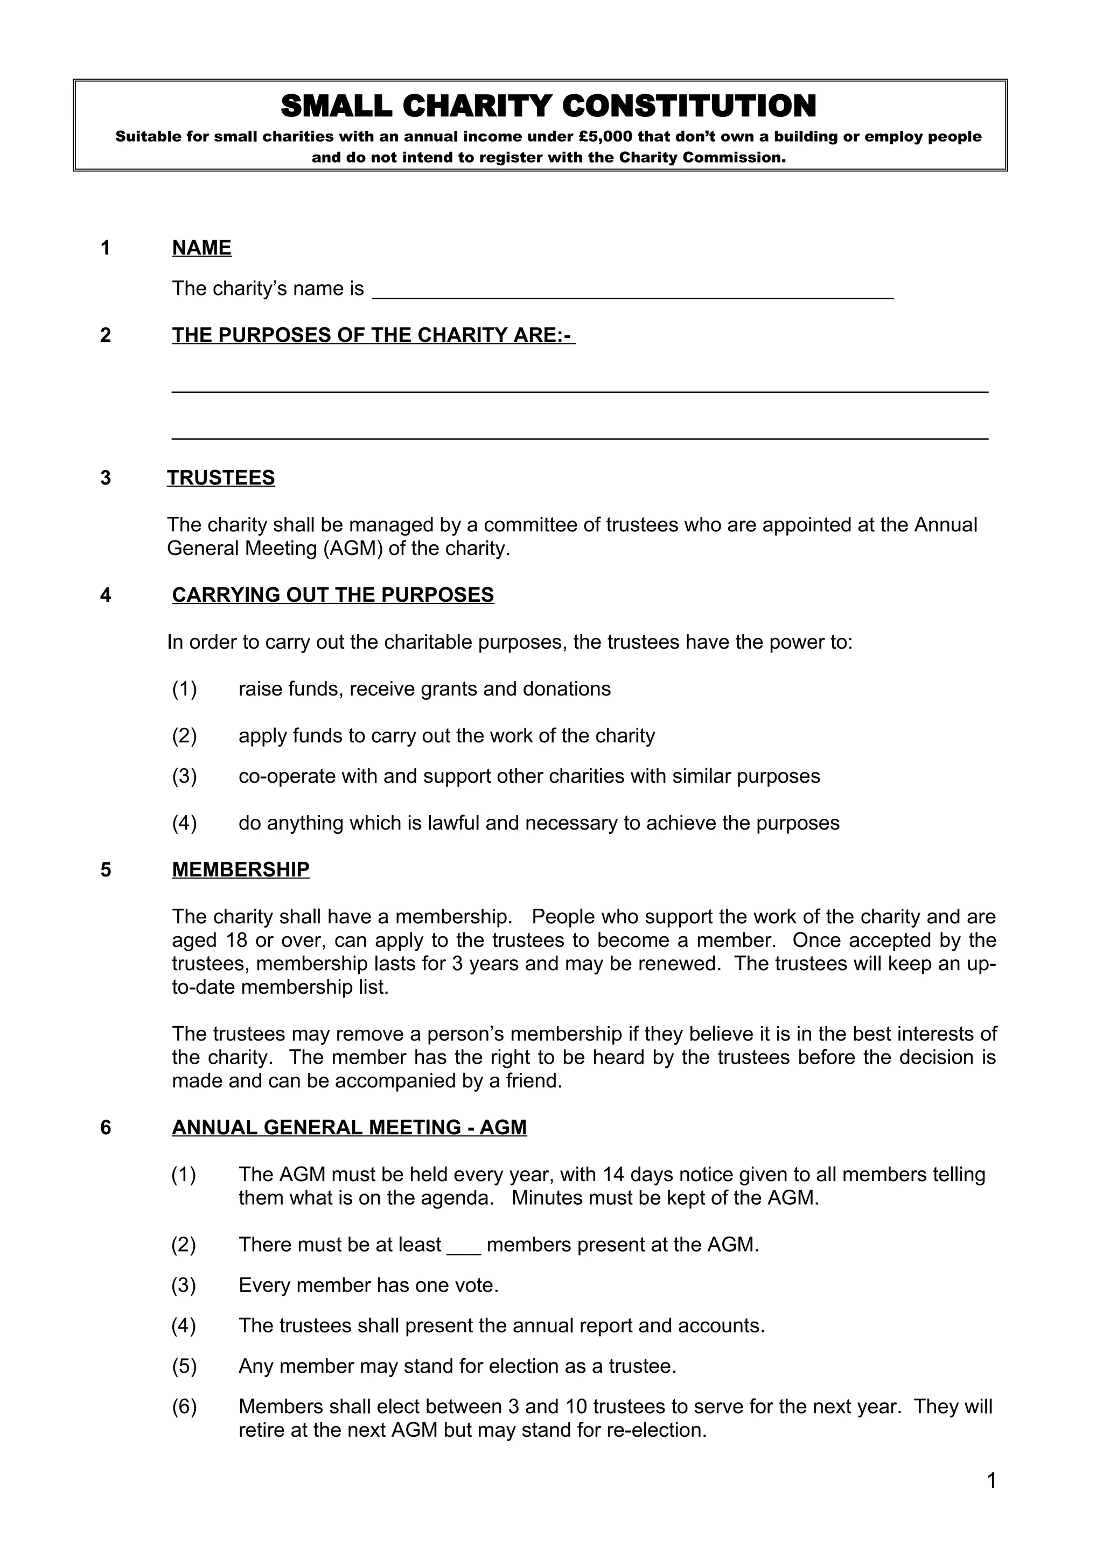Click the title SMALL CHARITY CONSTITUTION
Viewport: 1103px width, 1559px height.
coord(548,107)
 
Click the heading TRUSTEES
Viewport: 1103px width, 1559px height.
coord(221,478)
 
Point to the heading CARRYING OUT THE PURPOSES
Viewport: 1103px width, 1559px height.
coord(333,595)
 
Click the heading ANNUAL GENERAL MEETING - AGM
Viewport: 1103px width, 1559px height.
coord(349,1127)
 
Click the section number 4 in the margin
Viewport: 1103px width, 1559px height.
coord(105,595)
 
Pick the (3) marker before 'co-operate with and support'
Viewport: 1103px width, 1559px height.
coord(184,776)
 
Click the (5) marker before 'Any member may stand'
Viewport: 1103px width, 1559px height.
coord(184,1366)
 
